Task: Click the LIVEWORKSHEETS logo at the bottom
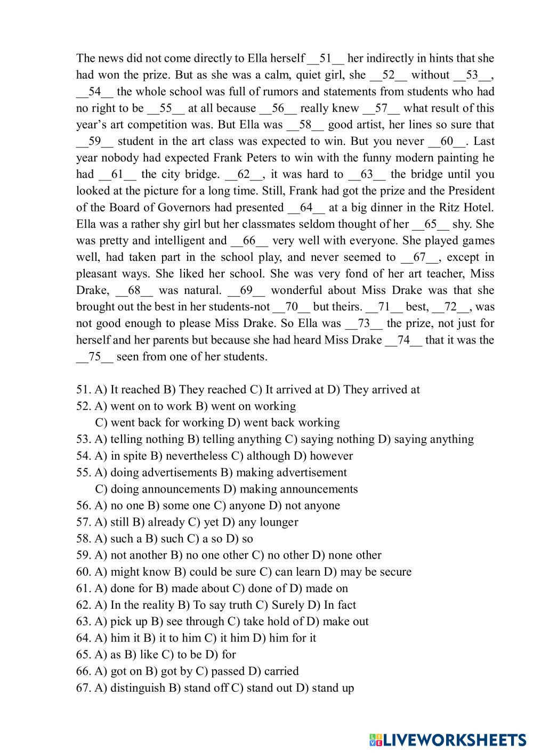pyautogui.click(x=448, y=740)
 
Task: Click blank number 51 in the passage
pyautogui.click(x=326, y=58)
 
